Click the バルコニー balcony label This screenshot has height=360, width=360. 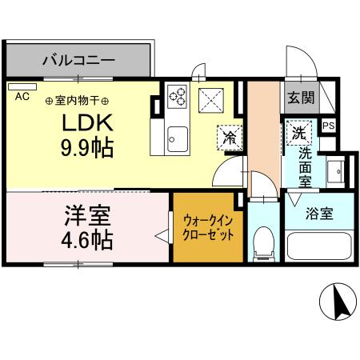tap(78, 59)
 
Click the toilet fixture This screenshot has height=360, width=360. tap(262, 242)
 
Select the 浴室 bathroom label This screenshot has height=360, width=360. tap(319, 214)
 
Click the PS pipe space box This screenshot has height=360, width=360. tap(328, 126)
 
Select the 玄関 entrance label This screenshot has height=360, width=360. tap(302, 98)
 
